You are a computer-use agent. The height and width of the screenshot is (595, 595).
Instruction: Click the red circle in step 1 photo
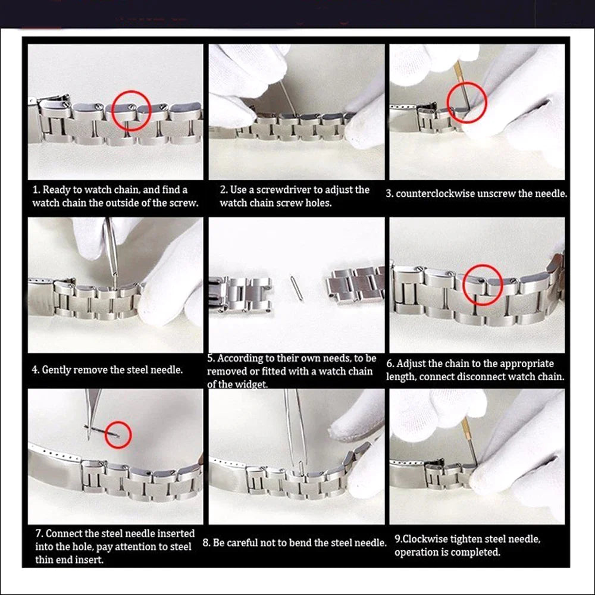[129, 111]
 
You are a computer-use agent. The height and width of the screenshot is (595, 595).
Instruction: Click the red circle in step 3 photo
[466, 102]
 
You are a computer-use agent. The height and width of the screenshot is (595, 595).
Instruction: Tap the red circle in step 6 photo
[483, 285]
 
